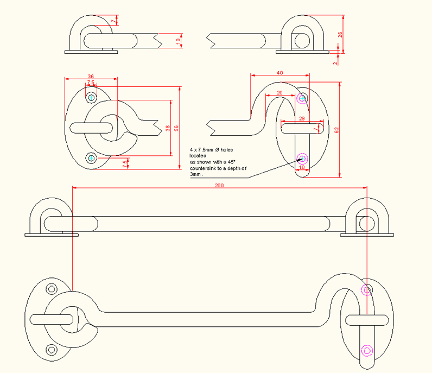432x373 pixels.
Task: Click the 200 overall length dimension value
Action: (x=219, y=185)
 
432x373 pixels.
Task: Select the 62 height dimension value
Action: (x=336, y=130)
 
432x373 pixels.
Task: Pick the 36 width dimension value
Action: (x=91, y=77)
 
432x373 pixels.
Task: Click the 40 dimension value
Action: (x=279, y=72)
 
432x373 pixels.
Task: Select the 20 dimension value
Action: (x=279, y=93)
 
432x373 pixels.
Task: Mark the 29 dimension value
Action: (x=301, y=118)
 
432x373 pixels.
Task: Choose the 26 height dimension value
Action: (x=340, y=34)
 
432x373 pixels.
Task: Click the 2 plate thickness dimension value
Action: (x=335, y=62)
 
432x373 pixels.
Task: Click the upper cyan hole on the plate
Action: (x=91, y=98)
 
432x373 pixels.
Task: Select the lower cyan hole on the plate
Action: (x=91, y=158)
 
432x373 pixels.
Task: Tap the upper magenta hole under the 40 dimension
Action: (x=303, y=98)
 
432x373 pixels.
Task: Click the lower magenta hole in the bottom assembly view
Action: (x=367, y=350)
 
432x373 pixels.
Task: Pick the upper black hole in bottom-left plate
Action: (x=52, y=288)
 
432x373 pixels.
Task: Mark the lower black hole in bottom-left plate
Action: (x=52, y=349)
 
